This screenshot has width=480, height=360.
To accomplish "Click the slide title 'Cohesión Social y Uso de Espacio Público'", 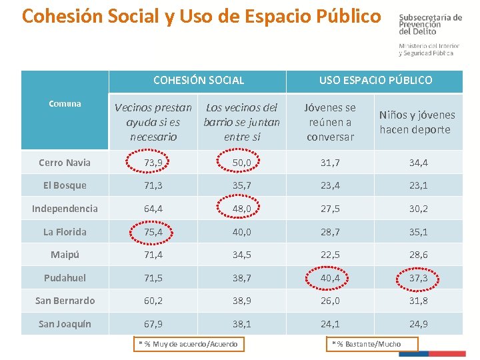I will (202, 16).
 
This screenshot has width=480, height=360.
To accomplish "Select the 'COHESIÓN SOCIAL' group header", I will (198, 80).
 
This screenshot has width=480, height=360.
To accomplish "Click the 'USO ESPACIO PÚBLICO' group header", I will (375, 80).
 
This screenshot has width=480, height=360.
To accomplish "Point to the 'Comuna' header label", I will (65, 103).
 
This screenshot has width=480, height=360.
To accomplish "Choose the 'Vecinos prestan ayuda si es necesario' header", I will (153, 122).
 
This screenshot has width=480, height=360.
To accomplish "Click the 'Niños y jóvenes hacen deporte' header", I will (417, 123).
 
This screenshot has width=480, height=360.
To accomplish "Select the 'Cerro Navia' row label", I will (65, 163).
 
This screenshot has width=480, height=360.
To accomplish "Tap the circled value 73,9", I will (153, 163).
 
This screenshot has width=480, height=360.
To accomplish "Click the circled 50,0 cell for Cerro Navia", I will (241, 163).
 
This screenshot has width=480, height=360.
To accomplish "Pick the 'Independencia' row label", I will (65, 209).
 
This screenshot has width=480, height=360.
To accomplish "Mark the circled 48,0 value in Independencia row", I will (241, 209).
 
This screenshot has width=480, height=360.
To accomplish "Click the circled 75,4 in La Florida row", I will (153, 232).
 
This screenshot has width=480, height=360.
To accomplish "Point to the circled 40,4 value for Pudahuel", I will (330, 277).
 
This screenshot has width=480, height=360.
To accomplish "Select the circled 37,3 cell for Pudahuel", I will (417, 277).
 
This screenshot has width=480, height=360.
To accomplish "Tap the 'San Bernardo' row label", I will (65, 301).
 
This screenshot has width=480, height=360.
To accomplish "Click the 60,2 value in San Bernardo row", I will (153, 301).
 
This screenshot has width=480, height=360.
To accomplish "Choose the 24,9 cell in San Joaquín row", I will (417, 324).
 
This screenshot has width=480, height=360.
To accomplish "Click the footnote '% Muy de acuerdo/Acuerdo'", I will (188, 344).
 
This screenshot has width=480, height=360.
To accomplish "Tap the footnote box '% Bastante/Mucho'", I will (372, 344).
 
